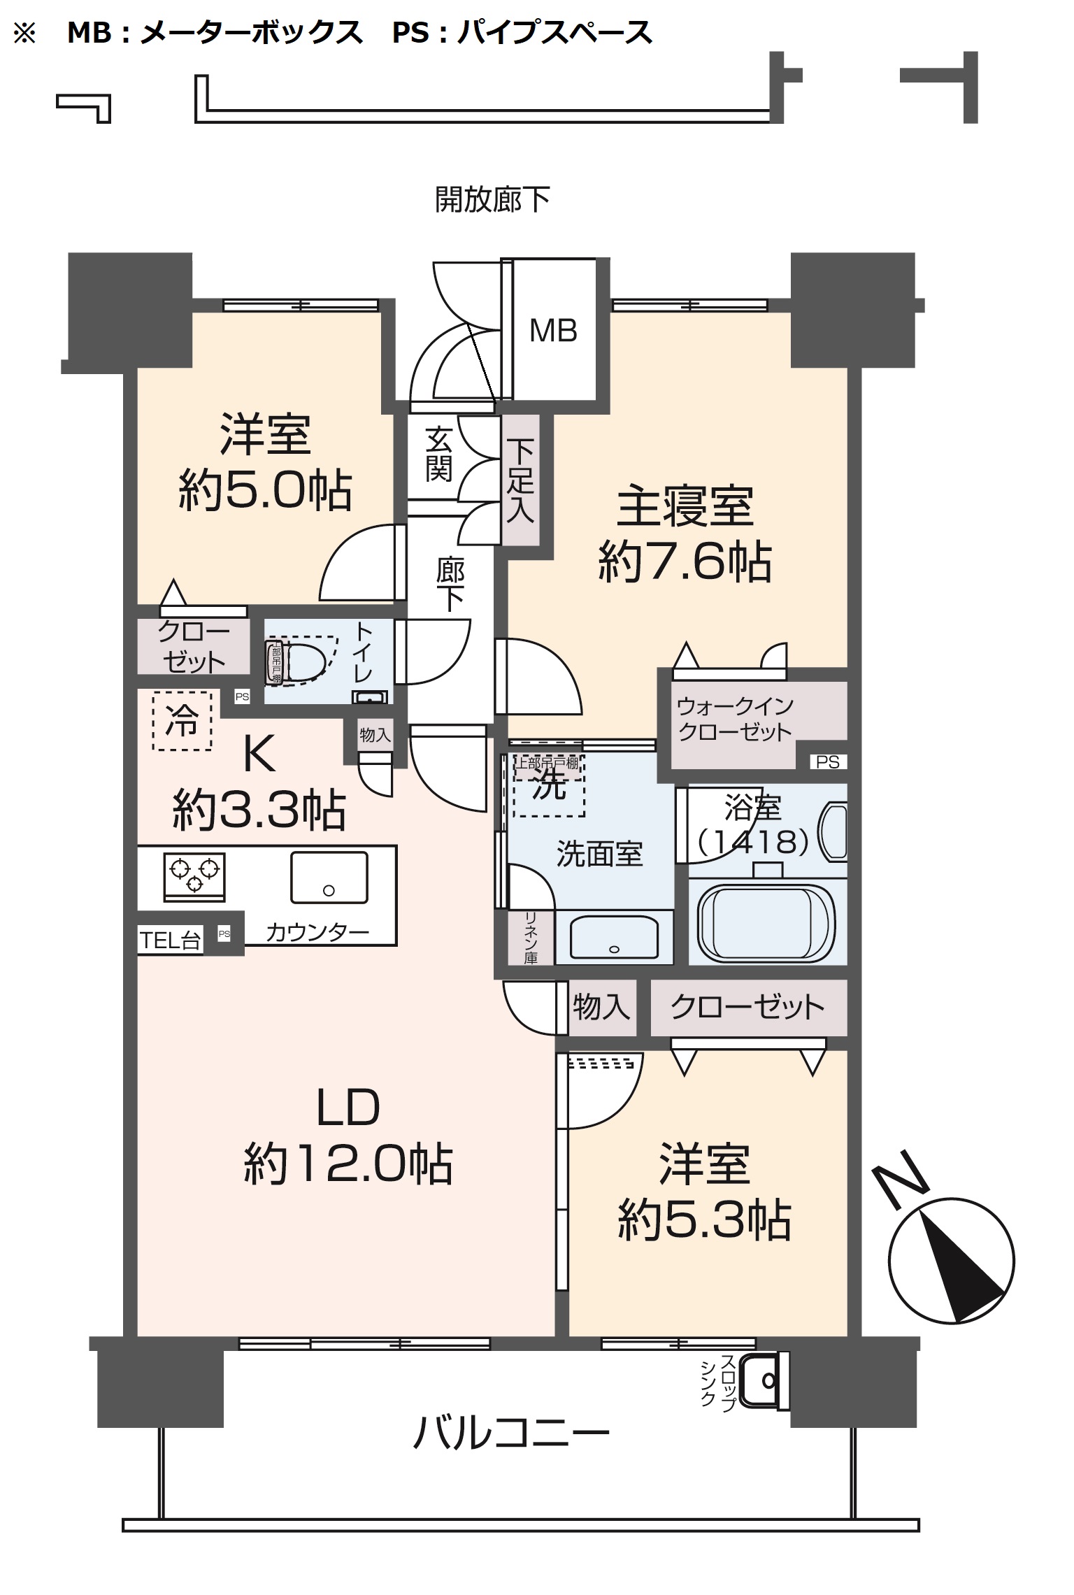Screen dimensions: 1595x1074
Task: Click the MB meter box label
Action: [x=553, y=331]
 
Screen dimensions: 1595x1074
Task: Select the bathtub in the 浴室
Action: [x=766, y=922]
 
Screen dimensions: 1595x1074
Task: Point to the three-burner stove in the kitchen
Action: [x=194, y=876]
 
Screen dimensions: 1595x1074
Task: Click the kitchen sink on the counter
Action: [x=329, y=877]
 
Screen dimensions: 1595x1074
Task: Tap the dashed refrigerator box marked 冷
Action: [x=182, y=720]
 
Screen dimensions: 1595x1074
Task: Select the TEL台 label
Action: [x=170, y=941]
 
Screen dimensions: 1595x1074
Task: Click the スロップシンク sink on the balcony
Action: [x=764, y=1380]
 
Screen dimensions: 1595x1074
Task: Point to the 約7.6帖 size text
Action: [x=685, y=562]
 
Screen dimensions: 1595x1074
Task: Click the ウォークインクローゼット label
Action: [x=734, y=719]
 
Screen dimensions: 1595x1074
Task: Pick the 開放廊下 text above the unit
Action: [x=492, y=200]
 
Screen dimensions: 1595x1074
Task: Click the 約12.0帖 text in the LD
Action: [x=348, y=1164]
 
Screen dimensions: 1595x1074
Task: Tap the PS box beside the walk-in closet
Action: [x=827, y=762]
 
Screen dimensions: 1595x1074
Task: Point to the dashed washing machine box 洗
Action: [x=549, y=785]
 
